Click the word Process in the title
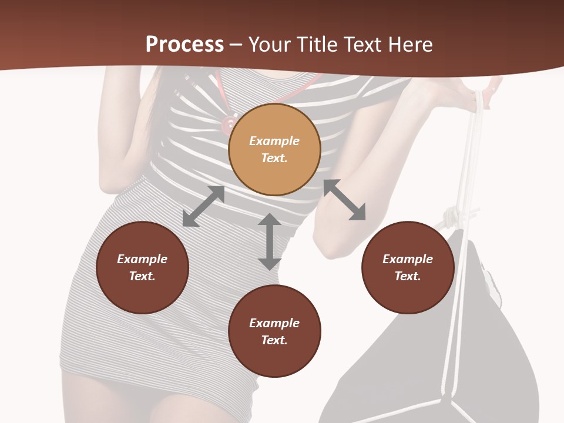pos(184,45)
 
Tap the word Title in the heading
pos(316,45)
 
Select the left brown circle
pos(142,267)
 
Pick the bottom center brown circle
pos(274,331)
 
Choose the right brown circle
pos(408,267)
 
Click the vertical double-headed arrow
pos(270,241)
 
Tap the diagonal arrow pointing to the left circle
pos(203,206)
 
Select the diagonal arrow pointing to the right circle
pos(344,200)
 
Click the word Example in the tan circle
pos(274,141)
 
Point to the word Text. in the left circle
pos(142,276)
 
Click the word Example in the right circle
pos(408,259)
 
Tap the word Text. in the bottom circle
pos(274,340)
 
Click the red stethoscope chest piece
pos(226,124)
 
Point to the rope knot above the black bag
pos(452,217)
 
